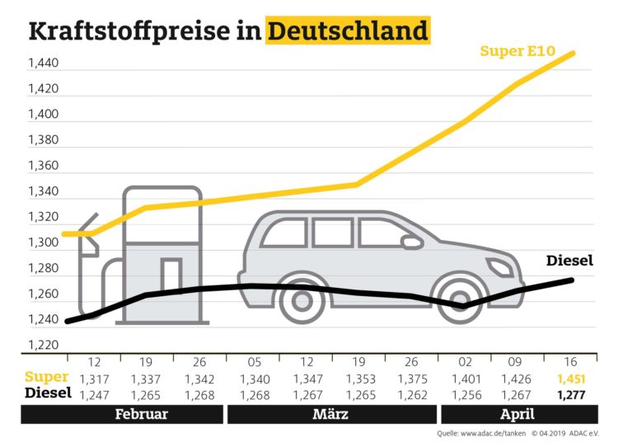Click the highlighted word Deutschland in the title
[x=349, y=31]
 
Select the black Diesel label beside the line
[x=570, y=262]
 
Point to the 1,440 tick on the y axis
[x=43, y=63]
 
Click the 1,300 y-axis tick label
[x=43, y=242]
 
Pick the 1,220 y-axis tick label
[x=43, y=345]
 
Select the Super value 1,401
[x=465, y=379]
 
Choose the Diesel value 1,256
[x=465, y=394]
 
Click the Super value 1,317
[x=94, y=379]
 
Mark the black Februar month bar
[x=122, y=414]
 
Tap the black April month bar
[x=517, y=414]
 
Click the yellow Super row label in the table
[x=46, y=379]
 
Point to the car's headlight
[x=499, y=266]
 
